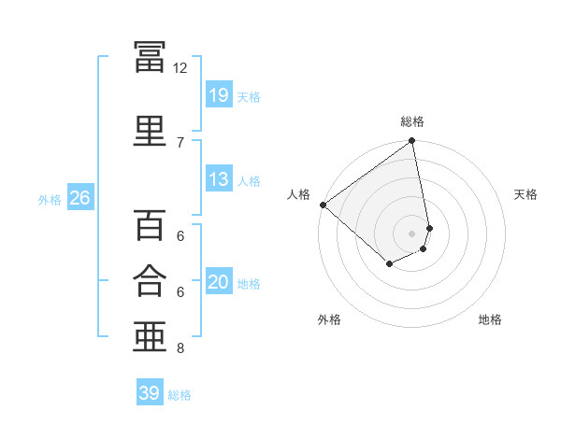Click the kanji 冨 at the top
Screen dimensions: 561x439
click(150, 56)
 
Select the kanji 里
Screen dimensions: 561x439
click(150, 131)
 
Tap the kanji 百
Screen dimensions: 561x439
click(150, 224)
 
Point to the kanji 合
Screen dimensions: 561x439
click(150, 280)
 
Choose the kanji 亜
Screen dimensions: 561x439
click(150, 336)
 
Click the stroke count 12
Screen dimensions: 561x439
click(180, 68)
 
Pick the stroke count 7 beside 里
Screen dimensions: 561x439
click(180, 143)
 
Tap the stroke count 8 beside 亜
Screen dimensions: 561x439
click(180, 347)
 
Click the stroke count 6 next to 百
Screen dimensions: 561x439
click(180, 236)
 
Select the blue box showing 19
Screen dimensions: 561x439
click(219, 94)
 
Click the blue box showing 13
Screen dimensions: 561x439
click(219, 178)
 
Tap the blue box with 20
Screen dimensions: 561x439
click(219, 280)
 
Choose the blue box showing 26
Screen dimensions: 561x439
click(80, 197)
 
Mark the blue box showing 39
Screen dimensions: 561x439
click(150, 391)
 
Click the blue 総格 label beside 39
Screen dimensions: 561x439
click(180, 395)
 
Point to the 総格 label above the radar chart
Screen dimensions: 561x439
click(412, 121)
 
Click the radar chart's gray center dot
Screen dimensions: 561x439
click(411, 234)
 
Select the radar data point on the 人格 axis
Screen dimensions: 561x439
click(324, 205)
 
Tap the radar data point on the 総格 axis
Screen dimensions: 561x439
click(411, 140)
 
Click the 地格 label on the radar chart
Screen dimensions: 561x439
click(490, 319)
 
